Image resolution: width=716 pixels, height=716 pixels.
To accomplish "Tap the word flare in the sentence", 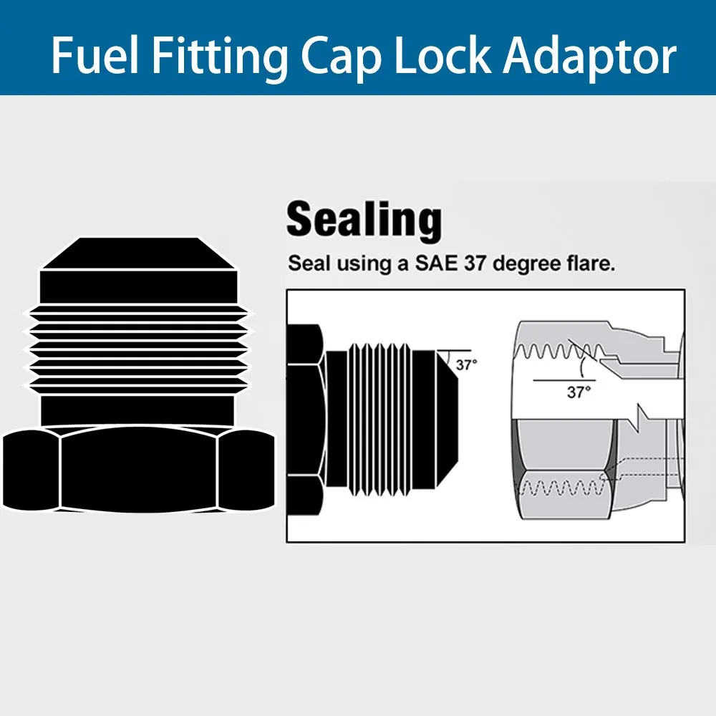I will [591, 263].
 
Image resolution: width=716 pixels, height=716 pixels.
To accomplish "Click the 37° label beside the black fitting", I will [466, 365].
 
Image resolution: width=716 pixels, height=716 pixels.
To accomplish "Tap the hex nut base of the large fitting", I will [139, 469].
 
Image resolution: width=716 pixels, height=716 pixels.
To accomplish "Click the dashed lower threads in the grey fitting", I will [558, 490].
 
